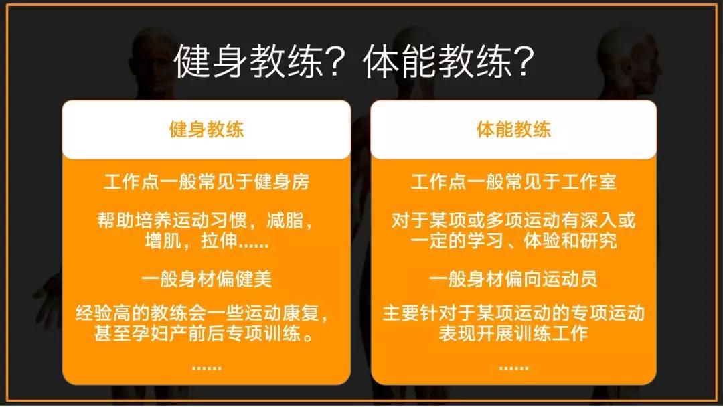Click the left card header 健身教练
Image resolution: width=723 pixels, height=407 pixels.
pos(206,130)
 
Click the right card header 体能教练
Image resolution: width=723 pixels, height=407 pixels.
pos(513,130)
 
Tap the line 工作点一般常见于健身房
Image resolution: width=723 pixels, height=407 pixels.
pos(206,182)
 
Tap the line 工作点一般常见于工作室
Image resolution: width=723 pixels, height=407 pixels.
pos(513,182)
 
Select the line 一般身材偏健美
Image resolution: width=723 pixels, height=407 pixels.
pos(206,278)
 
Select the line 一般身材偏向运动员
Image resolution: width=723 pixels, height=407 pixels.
pos(513,278)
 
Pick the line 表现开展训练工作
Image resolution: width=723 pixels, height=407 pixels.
pos(513,333)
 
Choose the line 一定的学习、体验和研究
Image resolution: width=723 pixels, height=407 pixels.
pos(513,241)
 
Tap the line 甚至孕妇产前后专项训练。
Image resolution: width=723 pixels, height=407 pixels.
pos(206,333)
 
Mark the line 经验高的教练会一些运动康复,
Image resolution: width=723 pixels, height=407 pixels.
pos(206,313)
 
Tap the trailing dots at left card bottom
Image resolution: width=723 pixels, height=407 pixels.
pos(206,367)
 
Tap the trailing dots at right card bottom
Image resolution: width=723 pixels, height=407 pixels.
pos(513,367)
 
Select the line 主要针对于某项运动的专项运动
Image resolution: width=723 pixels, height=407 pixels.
pos(513,313)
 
